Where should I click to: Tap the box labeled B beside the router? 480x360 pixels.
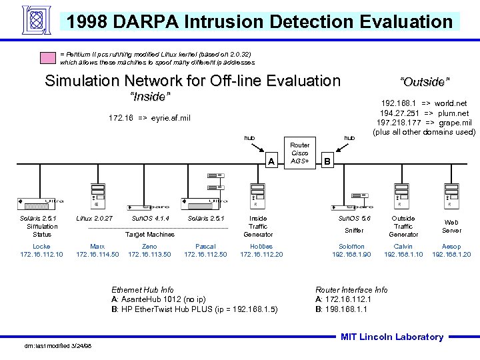[326, 161]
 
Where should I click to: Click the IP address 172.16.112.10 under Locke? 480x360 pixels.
[41, 255]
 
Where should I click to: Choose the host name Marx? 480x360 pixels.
[97, 247]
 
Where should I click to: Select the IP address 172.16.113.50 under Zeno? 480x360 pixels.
[149, 255]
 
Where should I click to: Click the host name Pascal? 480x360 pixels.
[205, 247]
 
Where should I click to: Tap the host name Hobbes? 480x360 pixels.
[261, 247]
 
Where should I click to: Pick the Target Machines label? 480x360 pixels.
[150, 235]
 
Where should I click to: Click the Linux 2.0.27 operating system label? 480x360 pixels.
[95, 219]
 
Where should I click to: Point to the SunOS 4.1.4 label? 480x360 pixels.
[150, 219]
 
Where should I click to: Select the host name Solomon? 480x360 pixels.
[351, 247]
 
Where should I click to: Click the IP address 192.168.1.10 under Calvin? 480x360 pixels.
[403, 255]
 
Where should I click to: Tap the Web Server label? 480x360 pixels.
[451, 227]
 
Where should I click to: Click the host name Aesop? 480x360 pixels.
[451, 247]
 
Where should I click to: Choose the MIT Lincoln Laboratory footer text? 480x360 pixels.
[391, 337]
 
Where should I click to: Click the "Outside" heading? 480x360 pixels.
[425, 82]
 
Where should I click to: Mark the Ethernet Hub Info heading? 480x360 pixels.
[142, 290]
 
